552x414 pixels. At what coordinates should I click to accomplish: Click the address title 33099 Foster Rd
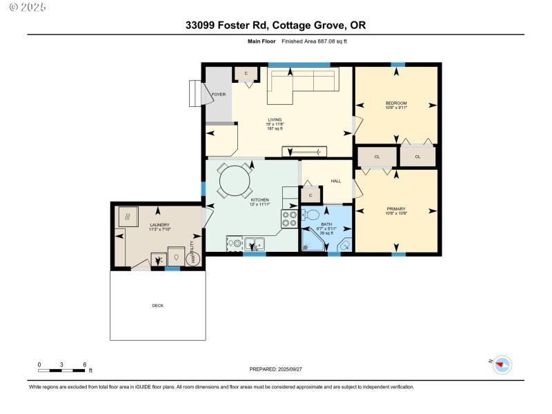tap(275, 26)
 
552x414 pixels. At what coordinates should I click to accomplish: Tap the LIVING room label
tap(275, 119)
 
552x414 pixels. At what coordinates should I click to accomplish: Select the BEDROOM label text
tap(396, 103)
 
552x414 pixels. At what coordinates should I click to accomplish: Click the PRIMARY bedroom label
tap(396, 208)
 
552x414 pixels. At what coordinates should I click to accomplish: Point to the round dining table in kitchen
tap(235, 181)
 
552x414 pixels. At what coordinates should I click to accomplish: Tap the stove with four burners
tap(289, 219)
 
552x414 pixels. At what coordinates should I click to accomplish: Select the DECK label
tap(158, 305)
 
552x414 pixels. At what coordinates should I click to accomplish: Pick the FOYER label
tap(218, 95)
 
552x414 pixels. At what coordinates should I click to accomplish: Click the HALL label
tap(336, 181)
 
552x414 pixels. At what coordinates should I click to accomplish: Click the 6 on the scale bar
tap(84, 364)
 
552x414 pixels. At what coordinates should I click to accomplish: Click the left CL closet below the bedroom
tap(377, 157)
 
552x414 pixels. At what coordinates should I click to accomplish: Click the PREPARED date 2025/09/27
tap(275, 369)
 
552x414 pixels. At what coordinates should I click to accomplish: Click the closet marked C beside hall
tap(310, 195)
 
